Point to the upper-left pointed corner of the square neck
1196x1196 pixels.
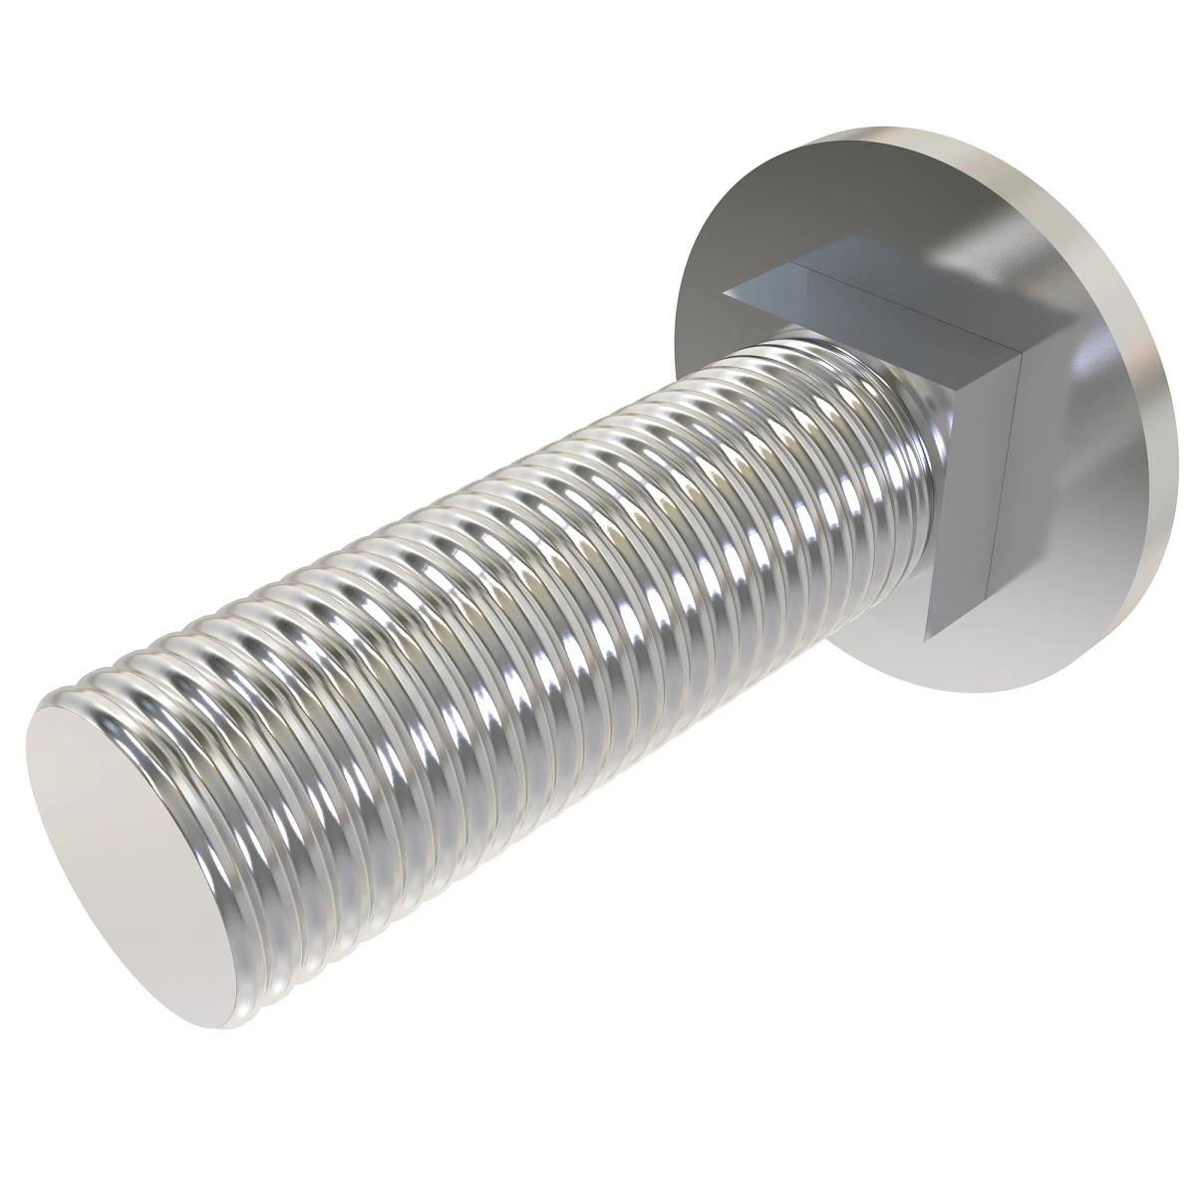tap(726, 292)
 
